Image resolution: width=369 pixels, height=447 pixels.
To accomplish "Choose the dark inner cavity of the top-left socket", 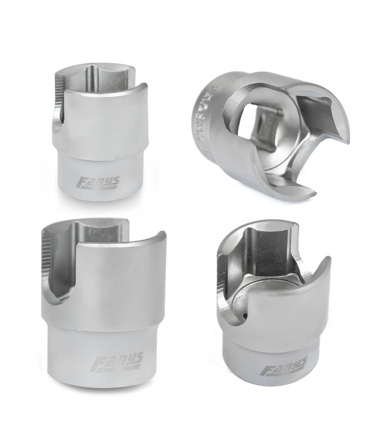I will (104, 78).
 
